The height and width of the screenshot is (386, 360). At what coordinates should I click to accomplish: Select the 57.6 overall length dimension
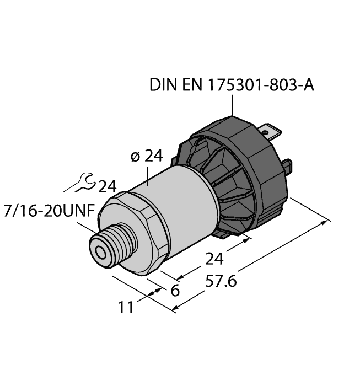pos(219,282)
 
